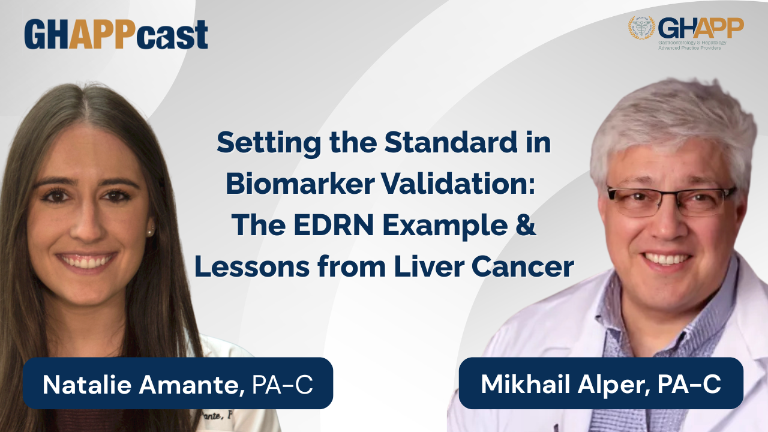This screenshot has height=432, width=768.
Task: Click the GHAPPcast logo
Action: pyautogui.click(x=116, y=34)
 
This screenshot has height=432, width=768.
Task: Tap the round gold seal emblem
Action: pyautogui.click(x=641, y=28)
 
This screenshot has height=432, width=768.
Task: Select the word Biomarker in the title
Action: pyautogui.click(x=300, y=184)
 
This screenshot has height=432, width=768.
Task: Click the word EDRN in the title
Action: pyautogui.click(x=333, y=225)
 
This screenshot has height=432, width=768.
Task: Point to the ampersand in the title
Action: pyautogui.click(x=526, y=225)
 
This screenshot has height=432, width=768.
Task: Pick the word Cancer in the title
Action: pyautogui.click(x=523, y=267)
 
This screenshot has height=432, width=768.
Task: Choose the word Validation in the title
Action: pyautogui.click(x=458, y=184)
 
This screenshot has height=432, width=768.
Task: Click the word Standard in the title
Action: pyautogui.click(x=451, y=142)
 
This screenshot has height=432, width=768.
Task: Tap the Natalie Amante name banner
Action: pyautogui.click(x=178, y=383)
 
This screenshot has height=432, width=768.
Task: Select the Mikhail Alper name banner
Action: pyautogui.click(x=601, y=383)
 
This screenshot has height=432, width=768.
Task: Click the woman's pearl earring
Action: pyautogui.click(x=150, y=233)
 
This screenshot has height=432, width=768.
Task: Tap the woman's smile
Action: pyautogui.click(x=86, y=262)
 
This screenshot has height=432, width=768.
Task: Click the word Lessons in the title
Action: pyautogui.click(x=252, y=267)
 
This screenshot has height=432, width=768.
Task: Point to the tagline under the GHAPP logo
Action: pyautogui.click(x=692, y=45)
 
